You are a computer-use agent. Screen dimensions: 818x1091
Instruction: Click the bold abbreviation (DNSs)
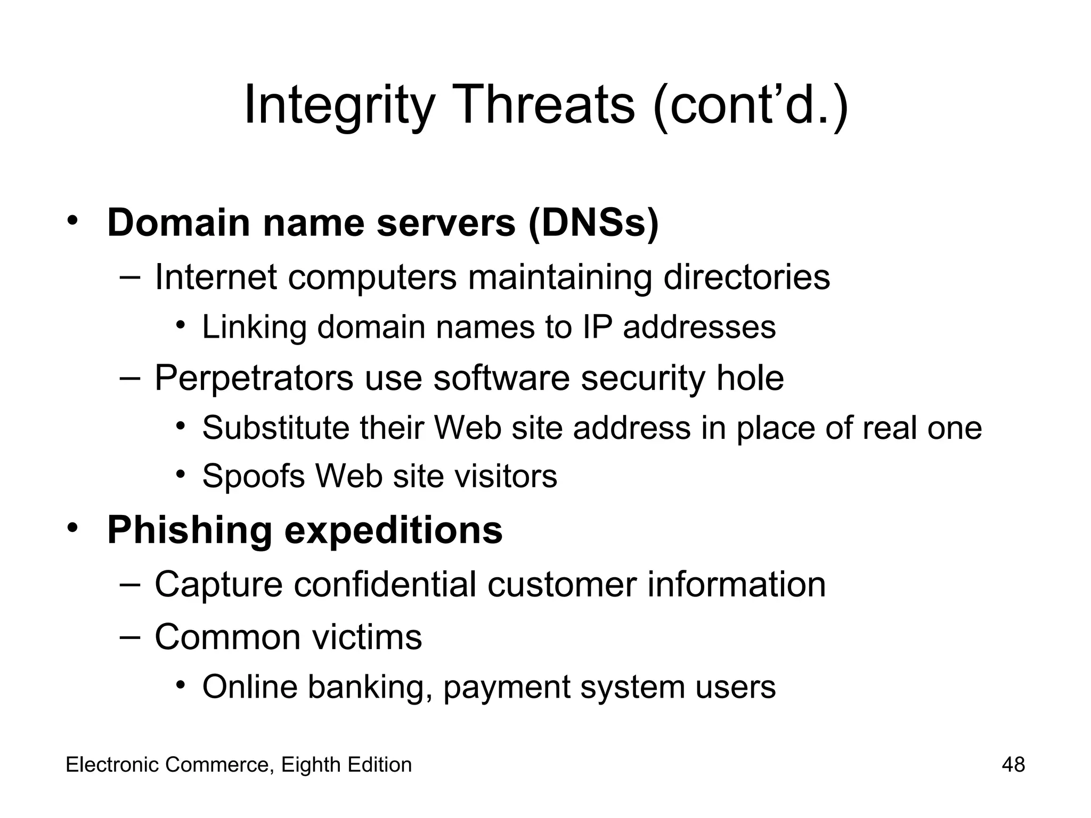click(593, 223)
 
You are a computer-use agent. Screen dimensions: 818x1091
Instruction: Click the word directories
click(746, 277)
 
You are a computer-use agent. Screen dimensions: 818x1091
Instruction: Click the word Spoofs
click(254, 476)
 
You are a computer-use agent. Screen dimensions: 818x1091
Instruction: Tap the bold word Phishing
click(189, 530)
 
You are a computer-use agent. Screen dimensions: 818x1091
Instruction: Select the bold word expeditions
click(394, 530)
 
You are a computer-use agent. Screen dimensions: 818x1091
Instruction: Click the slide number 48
click(1013, 765)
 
